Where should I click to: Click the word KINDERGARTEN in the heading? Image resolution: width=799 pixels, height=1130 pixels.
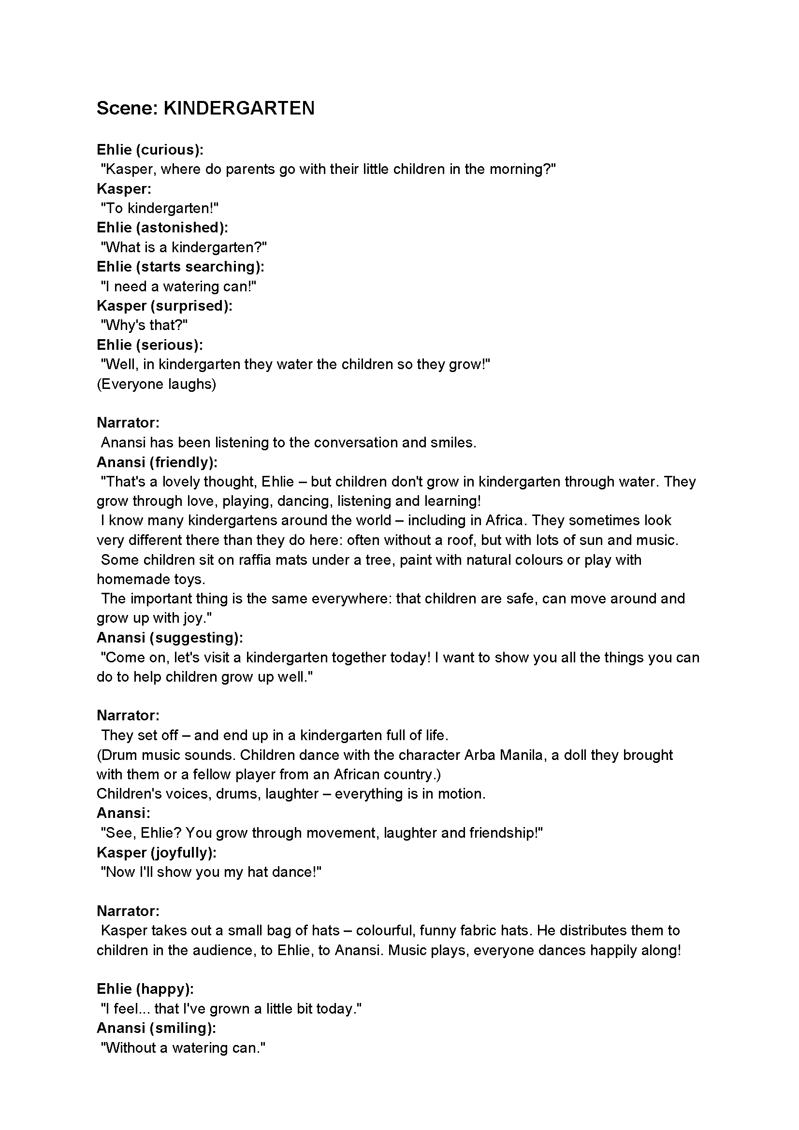coord(239,108)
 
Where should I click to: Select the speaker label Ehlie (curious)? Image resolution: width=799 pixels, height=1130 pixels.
coord(150,150)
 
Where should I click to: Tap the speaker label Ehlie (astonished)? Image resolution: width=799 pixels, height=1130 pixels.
coord(162,228)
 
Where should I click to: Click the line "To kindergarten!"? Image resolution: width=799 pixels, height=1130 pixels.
coord(160,208)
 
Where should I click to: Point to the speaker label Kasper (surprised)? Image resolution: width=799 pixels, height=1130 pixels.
coord(164,306)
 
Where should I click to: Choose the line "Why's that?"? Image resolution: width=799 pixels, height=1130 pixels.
coord(144,325)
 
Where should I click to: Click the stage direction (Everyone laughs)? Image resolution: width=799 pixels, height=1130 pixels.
coord(156,384)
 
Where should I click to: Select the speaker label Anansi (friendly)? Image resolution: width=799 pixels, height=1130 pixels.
coord(157,462)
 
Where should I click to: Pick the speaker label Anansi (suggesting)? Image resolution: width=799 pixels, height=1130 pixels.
coord(170,638)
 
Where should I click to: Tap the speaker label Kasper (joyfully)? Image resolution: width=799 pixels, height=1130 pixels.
coord(157,852)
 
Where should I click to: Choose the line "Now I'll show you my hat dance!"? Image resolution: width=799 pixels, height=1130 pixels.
coord(211,872)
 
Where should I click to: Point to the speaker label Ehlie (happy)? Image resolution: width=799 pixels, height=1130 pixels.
coord(145,989)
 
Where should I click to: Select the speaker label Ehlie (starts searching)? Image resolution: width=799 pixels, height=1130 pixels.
coord(180,267)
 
